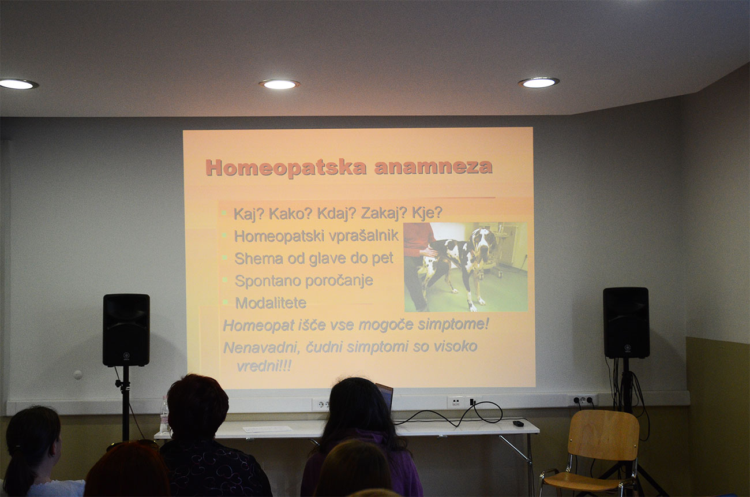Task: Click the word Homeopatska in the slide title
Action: tap(286, 168)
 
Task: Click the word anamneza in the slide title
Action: tap(433, 167)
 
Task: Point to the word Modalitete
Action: tap(271, 303)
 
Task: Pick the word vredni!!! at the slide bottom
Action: tap(264, 366)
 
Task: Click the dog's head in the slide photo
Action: tap(482, 243)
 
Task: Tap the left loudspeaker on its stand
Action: tap(126, 330)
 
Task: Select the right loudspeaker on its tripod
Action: tap(626, 323)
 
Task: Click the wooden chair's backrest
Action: tap(603, 435)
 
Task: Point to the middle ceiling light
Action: tap(279, 84)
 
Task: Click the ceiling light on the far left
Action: tap(18, 84)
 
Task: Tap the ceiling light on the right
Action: tap(539, 83)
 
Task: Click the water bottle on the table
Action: tap(164, 415)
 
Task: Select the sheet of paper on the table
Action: tap(267, 429)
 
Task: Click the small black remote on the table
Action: tap(518, 424)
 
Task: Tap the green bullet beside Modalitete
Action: tap(226, 302)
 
